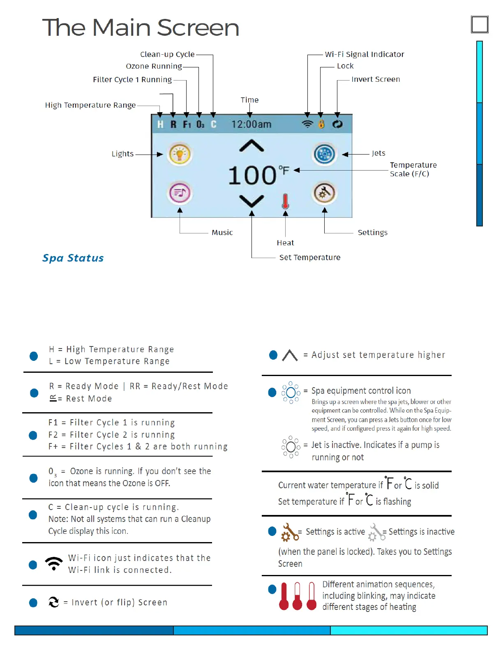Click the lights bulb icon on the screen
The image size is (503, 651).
180,155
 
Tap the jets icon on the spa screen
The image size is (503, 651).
324,154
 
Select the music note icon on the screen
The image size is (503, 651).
180,193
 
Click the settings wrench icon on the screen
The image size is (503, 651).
324,193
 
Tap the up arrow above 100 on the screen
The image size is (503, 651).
251,146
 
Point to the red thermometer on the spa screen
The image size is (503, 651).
285,201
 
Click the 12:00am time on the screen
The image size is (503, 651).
251,124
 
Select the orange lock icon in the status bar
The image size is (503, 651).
321,124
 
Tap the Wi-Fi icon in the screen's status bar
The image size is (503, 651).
307,124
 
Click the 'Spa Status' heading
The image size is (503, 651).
73,258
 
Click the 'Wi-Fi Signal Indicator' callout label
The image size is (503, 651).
365,54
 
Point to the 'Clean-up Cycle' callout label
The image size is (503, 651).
167,54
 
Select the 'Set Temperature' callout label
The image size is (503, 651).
310,258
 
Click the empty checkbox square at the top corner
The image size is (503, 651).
480,25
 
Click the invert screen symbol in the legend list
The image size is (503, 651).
54,602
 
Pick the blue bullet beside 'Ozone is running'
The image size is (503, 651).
34,478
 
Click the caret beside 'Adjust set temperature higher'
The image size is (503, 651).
290,356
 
